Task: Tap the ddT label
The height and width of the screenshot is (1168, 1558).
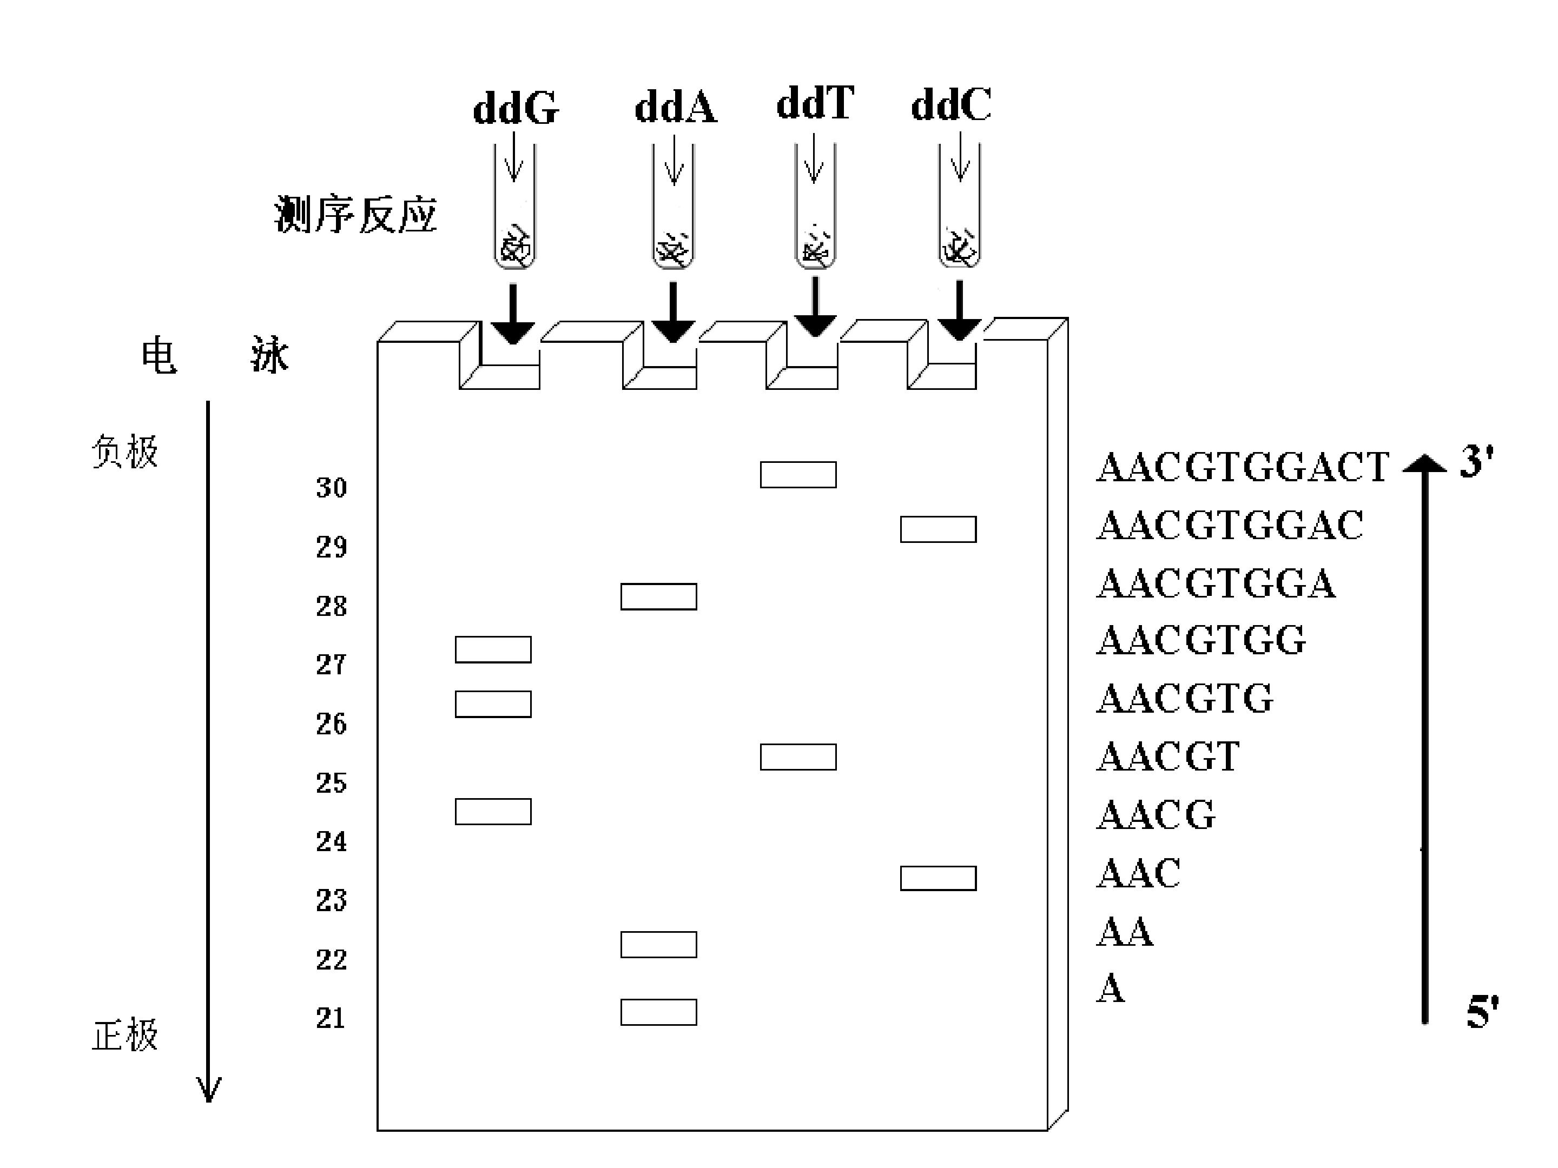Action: pyautogui.click(x=815, y=103)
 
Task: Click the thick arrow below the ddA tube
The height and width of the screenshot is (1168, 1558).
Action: pyautogui.click(x=672, y=313)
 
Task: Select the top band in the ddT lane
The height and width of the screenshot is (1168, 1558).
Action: pyautogui.click(x=798, y=475)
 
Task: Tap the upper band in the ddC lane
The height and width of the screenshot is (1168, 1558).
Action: pyautogui.click(x=938, y=529)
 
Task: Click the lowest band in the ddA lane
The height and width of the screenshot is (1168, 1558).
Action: pyautogui.click(x=658, y=1012)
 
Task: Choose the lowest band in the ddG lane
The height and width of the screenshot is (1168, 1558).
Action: pyautogui.click(x=493, y=811)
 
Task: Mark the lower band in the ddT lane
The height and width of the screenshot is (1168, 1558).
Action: pyautogui.click(x=798, y=757)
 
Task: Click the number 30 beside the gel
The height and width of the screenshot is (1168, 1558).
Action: pyautogui.click(x=331, y=487)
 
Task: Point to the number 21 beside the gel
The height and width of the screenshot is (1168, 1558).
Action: pyautogui.click(x=331, y=1017)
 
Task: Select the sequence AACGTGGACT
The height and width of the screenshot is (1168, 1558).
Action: pyautogui.click(x=1243, y=467)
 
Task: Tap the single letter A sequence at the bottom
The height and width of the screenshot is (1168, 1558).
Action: pyautogui.click(x=1111, y=988)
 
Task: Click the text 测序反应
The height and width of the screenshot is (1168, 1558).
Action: pyautogui.click(x=356, y=214)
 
